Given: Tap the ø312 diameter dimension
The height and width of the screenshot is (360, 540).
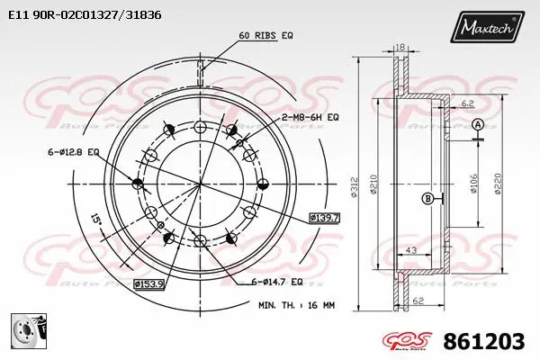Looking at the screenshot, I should tap(355, 185).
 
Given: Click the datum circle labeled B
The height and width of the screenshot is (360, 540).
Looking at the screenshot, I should tap(428, 198).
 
